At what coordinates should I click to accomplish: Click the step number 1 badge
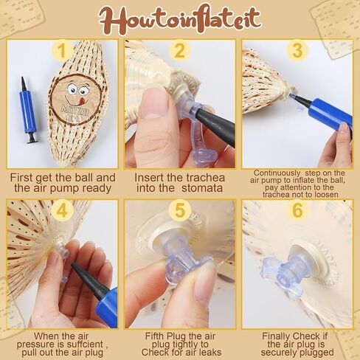coord(62,51)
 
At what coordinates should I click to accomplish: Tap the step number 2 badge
coord(180,51)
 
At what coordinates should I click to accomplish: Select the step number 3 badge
coord(297,51)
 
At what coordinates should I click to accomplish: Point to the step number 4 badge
coord(62,210)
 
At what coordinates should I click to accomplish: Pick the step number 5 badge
coord(180,210)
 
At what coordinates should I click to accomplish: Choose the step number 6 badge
coord(297,210)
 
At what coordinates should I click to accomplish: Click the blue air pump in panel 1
coord(28,110)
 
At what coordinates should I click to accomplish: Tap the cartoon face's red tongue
coord(82,100)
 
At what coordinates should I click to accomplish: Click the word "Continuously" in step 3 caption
coord(277,173)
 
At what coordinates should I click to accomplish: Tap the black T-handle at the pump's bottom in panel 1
coord(32,138)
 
